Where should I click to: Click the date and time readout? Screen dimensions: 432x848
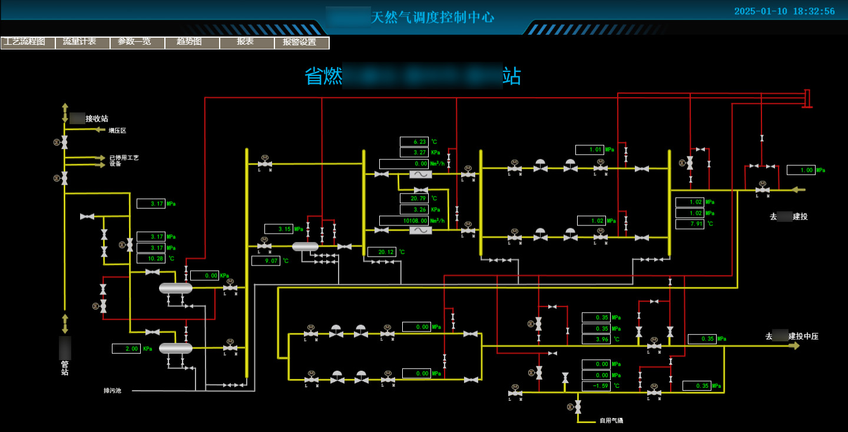coord(784,11)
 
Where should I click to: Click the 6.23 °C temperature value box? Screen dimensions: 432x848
coord(414,142)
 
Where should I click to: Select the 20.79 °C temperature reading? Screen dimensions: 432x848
coord(414,198)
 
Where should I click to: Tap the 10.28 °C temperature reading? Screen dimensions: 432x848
coord(151,258)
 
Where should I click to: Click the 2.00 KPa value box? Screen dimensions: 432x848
coord(126,349)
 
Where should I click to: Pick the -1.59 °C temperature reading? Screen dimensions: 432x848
coord(596,387)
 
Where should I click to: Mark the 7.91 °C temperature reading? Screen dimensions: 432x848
coord(690,224)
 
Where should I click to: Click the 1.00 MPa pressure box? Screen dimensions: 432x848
coord(801,170)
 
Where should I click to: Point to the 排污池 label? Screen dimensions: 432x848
coord(112,391)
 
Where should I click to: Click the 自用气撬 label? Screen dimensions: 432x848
coord(611,421)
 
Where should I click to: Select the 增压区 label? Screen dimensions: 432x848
coord(117,131)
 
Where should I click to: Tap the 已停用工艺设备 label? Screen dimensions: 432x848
coord(124,161)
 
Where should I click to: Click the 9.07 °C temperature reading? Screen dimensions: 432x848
coord(266,261)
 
